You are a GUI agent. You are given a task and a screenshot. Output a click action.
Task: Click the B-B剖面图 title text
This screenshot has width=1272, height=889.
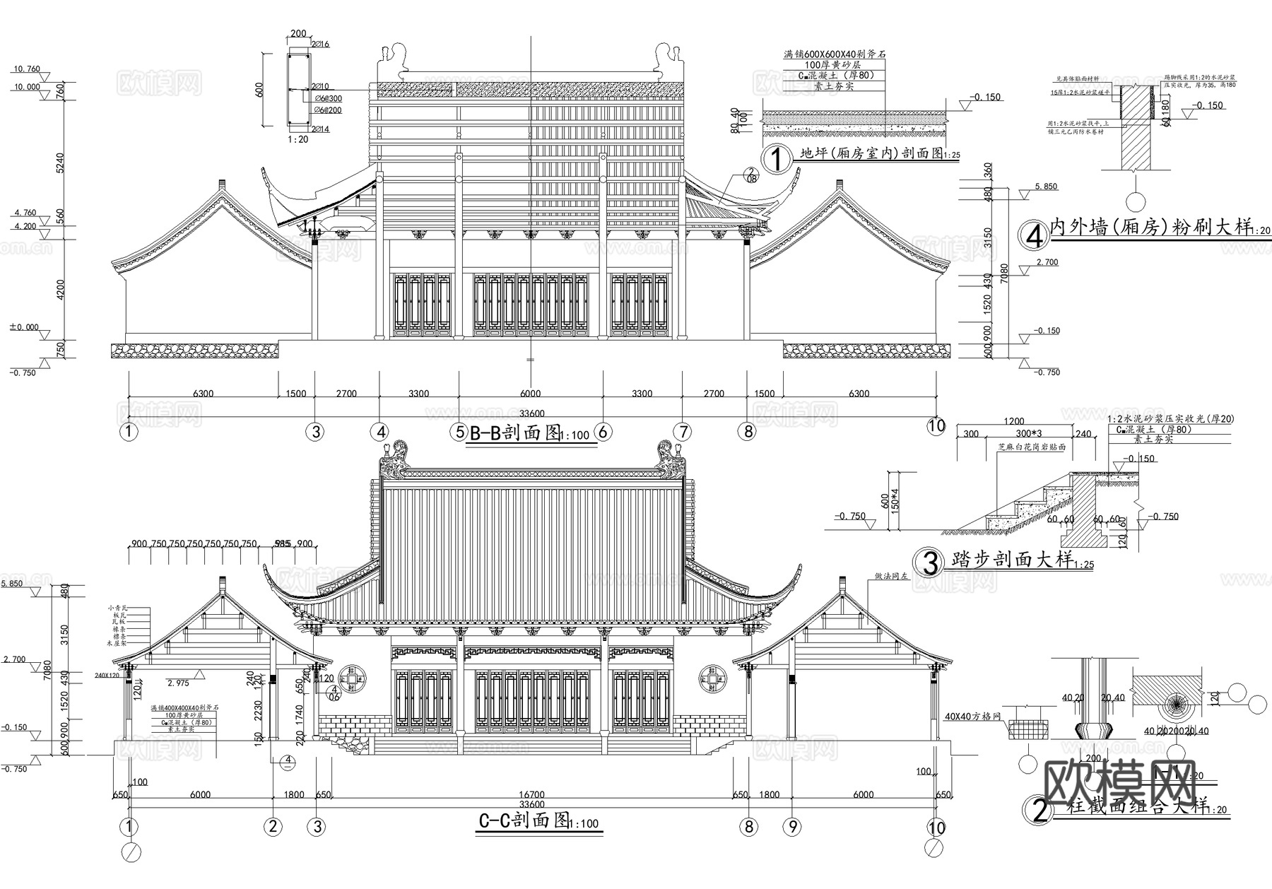click(514, 432)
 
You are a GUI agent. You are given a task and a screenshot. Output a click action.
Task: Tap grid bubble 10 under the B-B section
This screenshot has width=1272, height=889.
click(936, 425)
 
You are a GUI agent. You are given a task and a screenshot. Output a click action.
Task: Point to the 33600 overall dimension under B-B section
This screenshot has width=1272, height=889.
click(531, 413)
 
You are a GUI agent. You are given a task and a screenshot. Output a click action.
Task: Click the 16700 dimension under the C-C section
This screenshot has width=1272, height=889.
click(531, 795)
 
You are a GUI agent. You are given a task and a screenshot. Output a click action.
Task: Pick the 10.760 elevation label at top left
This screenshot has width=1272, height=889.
click(26, 69)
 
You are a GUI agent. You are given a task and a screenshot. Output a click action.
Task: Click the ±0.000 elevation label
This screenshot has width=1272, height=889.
click(24, 327)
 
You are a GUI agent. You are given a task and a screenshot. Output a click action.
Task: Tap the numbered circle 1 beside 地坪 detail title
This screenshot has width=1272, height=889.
click(777, 160)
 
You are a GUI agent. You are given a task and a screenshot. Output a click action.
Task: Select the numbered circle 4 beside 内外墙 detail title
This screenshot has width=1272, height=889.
click(1035, 236)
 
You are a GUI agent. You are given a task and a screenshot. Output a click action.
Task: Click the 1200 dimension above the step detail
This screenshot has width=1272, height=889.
click(1013, 422)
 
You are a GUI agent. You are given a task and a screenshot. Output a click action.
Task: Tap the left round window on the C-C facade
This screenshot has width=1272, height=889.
click(352, 679)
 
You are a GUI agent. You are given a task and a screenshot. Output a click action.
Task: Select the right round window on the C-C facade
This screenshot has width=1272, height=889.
click(713, 679)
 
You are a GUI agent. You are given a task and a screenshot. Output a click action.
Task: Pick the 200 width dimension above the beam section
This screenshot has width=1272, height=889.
click(298, 34)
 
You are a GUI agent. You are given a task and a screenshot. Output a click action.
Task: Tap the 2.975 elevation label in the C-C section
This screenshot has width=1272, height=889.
click(178, 683)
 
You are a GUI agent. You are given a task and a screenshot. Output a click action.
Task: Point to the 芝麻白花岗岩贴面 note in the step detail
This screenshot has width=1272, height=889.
click(1031, 447)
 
